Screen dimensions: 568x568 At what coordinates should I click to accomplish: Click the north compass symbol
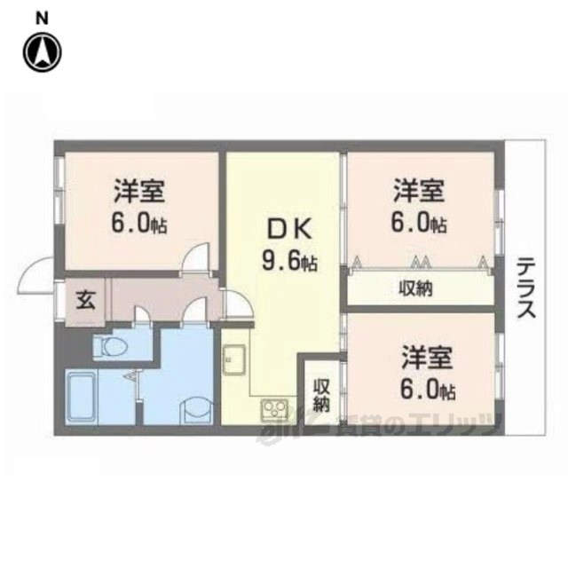click(42, 51)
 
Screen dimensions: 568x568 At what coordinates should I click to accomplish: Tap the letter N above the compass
click(42, 19)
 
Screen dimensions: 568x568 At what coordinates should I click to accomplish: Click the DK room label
click(289, 229)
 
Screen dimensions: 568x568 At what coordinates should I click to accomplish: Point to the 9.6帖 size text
click(289, 261)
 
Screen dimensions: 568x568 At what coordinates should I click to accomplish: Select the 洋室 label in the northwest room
click(139, 191)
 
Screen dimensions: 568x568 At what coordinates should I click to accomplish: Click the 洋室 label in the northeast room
click(419, 190)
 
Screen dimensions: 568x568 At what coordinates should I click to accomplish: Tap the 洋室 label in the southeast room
click(427, 357)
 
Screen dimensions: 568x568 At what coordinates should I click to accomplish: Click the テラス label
click(526, 288)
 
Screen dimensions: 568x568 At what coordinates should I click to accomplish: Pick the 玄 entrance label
click(86, 300)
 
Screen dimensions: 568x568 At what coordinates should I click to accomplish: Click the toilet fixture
click(111, 347)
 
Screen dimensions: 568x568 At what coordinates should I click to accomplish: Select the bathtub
click(82, 398)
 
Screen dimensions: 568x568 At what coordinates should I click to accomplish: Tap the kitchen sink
click(234, 359)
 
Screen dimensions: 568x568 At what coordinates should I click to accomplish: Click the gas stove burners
click(274, 410)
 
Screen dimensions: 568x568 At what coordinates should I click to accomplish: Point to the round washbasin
click(197, 410)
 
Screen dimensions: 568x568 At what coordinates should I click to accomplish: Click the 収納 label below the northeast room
click(416, 289)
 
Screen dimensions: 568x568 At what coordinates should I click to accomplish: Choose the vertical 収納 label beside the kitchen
click(321, 396)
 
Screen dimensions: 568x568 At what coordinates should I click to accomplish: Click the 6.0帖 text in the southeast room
click(428, 390)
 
